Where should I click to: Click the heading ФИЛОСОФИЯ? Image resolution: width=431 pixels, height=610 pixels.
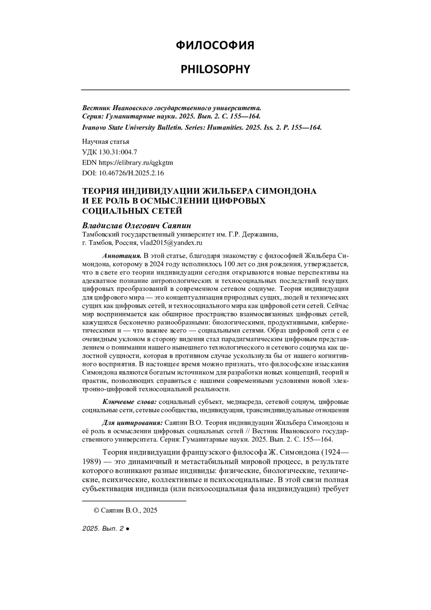click(215, 46)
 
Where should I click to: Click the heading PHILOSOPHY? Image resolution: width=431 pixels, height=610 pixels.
click(215, 69)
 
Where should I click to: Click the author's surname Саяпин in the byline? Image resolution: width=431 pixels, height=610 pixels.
click(175, 226)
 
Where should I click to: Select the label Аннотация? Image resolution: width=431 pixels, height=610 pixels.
click(122, 256)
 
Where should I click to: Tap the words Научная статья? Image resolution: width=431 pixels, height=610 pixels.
click(106, 142)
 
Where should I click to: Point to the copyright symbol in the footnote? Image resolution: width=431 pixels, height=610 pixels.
click(96, 510)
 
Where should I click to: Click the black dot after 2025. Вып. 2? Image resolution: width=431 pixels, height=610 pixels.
click(128, 529)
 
